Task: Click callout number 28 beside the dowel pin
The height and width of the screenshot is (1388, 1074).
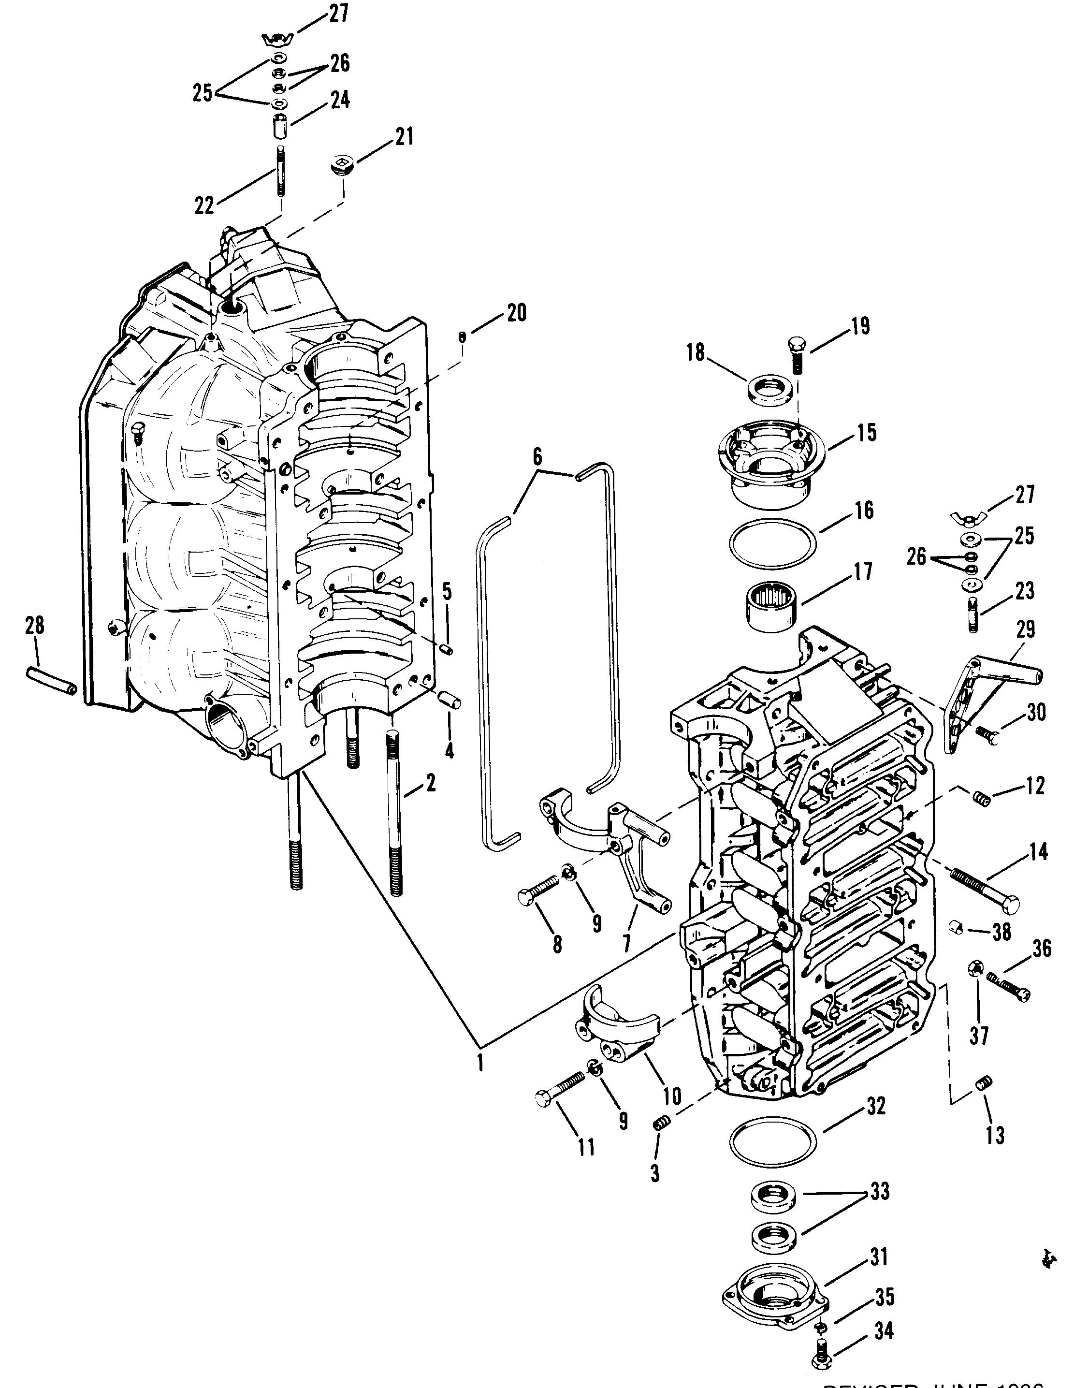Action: coord(34,626)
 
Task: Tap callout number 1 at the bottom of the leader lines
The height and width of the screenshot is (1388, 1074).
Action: coord(480,1061)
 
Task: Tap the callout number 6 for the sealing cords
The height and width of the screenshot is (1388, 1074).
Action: coord(537,457)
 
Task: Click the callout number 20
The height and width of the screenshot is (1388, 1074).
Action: coord(517,313)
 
